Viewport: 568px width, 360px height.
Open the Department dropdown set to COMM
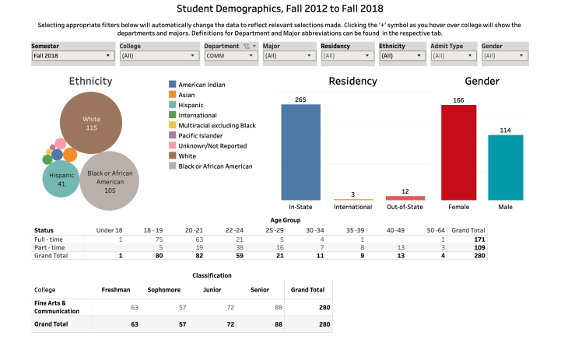tap(230, 56)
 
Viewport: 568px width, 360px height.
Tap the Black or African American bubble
tap(111, 180)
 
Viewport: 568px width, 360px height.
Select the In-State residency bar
tap(300, 152)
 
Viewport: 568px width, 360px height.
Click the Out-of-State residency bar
tap(405, 198)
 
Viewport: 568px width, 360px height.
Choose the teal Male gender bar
tap(506, 167)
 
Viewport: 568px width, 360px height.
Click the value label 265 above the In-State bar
tap(300, 100)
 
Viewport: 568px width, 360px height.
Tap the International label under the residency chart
tap(352, 208)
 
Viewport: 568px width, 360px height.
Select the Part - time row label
tap(47, 246)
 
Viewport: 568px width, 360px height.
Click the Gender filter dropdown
tap(504, 56)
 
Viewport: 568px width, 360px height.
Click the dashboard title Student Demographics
tap(283, 9)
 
